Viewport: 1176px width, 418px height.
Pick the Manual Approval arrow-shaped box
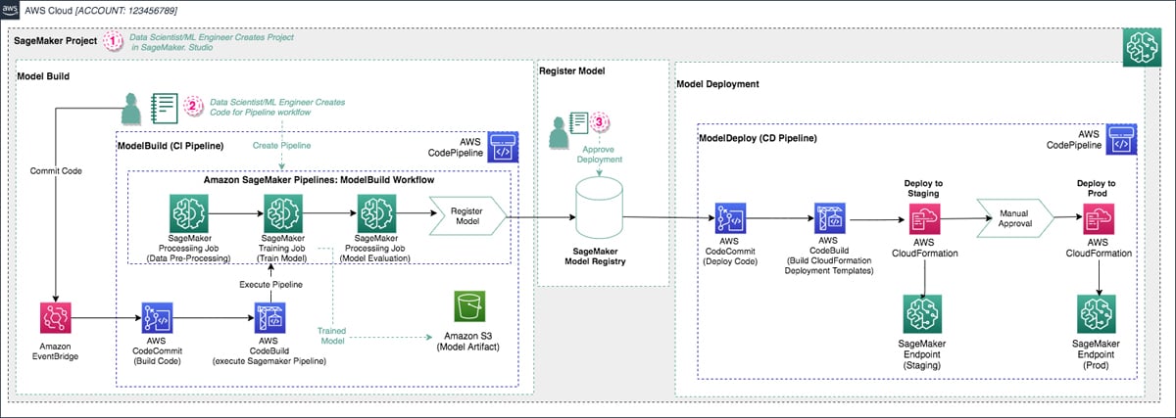tap(1013, 213)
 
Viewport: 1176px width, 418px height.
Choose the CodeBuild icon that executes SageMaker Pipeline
tap(269, 319)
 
